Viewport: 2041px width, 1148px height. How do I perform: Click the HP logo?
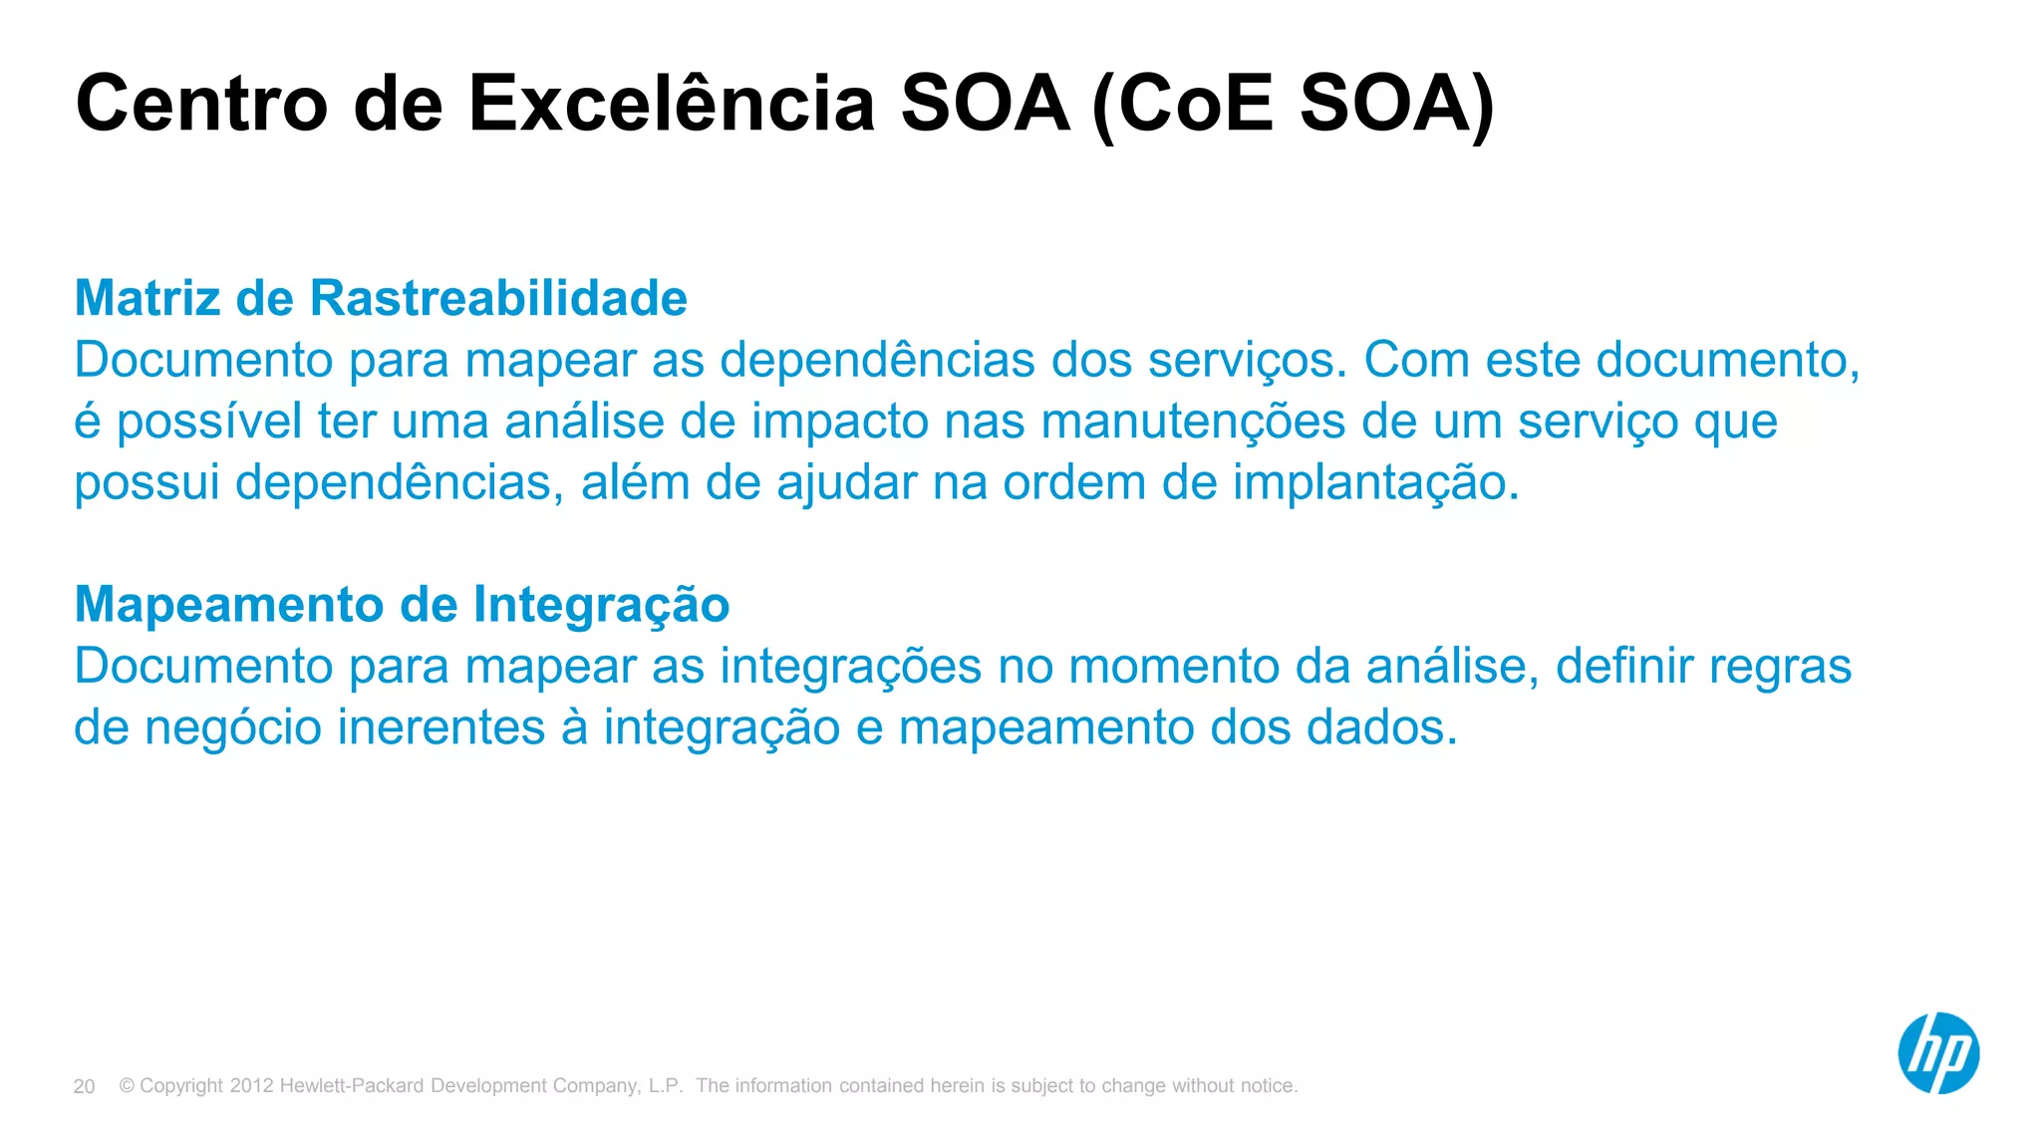[x=1937, y=1053]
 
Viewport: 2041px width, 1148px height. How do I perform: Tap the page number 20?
[x=84, y=1086]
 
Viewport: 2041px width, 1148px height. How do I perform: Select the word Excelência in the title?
[x=672, y=104]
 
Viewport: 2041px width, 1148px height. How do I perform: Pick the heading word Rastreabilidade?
[x=498, y=298]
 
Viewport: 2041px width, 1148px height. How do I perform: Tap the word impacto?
[x=839, y=422]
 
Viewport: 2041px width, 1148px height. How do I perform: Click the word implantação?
[x=1375, y=483]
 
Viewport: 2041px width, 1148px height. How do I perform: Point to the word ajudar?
[x=846, y=483]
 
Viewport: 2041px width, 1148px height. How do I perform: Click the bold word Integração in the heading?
[x=601, y=605]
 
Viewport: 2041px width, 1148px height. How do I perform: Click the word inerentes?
[x=440, y=727]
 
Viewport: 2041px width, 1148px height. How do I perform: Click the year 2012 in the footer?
[x=251, y=1086]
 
